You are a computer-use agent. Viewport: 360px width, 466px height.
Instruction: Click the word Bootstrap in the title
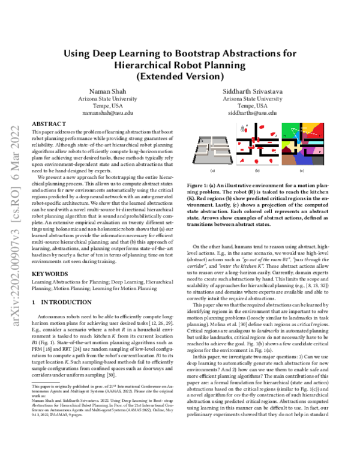[204, 52]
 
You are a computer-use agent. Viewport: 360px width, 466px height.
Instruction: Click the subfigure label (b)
[257, 171]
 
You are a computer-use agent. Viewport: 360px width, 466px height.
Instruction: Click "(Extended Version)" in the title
[179, 76]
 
